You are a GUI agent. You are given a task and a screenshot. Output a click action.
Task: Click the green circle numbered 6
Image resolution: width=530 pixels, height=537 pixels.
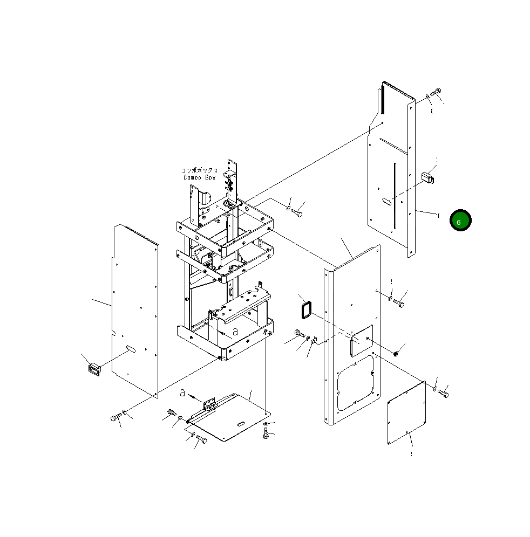460,220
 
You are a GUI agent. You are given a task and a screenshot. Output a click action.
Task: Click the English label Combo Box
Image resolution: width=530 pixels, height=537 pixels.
200,177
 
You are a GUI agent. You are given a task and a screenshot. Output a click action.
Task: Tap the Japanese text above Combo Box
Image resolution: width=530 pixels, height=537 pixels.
200,170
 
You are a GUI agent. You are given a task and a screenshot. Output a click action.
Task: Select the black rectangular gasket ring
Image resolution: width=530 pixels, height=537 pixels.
306,310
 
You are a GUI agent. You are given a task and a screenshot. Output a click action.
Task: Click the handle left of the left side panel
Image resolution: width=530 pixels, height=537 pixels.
94,369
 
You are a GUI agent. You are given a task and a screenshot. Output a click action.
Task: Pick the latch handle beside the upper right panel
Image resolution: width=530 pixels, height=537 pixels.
427,178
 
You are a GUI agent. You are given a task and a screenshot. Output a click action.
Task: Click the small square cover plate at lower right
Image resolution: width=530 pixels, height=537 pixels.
406,413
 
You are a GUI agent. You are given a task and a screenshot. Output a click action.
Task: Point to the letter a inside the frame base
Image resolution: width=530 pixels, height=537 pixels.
235,332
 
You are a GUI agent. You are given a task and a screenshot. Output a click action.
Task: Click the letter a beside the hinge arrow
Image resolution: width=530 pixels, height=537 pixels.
183,393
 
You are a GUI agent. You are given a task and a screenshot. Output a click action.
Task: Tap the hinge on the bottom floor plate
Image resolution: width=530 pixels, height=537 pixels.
209,404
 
